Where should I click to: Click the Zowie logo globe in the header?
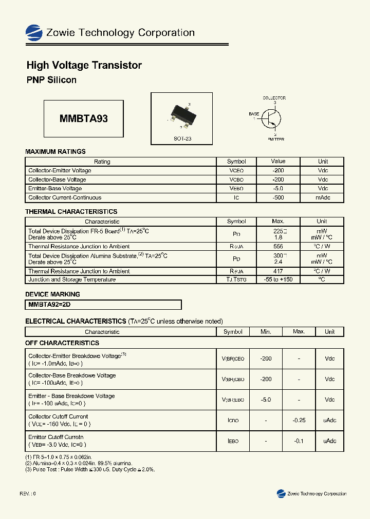tap(34, 32)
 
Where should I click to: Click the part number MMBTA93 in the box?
tap(84, 118)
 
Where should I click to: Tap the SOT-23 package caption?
tap(182, 138)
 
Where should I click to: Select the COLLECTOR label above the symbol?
tap(274, 98)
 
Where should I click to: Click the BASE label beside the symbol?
tap(254, 113)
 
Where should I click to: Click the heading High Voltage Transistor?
tap(84, 65)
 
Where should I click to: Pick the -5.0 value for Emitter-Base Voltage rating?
tap(278, 189)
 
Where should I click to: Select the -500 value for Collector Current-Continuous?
tap(278, 197)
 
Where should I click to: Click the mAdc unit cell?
tap(323, 197)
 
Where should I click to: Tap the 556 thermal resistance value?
tap(278, 247)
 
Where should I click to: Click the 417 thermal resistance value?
tap(278, 271)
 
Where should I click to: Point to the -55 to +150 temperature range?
tap(278, 280)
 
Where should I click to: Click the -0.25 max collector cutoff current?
tap(299, 420)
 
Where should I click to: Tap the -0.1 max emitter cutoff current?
tap(299, 441)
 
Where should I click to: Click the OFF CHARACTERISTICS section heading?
tap(62, 343)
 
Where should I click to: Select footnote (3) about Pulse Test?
tap(90, 469)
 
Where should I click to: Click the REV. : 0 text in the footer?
tap(28, 493)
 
